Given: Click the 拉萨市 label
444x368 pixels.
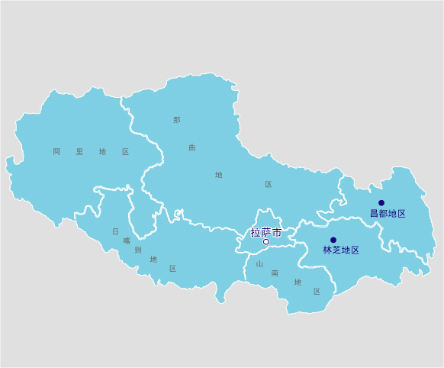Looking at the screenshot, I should (x=266, y=232).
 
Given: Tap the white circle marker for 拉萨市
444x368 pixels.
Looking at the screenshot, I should (x=265, y=242).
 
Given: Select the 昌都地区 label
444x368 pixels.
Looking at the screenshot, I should (x=388, y=214).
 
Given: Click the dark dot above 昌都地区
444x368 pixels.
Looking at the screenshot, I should (x=381, y=203).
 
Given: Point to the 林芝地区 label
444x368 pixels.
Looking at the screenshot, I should (x=340, y=250).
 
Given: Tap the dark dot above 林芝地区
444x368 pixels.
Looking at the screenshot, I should (x=333, y=240).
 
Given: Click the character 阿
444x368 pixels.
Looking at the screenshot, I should (x=56, y=152).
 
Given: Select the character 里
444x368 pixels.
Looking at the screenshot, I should (x=79, y=152).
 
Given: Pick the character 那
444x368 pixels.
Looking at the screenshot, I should (x=177, y=120).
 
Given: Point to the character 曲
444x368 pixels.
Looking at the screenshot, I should (x=192, y=147).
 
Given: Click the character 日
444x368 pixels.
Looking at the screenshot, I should (x=116, y=231).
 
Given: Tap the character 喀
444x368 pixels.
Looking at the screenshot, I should (x=127, y=240).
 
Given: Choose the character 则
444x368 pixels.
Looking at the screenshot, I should (x=138, y=250).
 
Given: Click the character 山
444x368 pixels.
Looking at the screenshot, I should (x=259, y=263).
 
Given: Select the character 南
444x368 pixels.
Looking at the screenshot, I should (x=275, y=273).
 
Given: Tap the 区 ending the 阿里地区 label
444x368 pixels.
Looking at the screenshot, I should (x=125, y=152).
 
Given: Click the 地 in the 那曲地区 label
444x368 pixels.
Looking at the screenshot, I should (x=219, y=175).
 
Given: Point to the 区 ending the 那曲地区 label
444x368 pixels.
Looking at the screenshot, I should (x=269, y=185).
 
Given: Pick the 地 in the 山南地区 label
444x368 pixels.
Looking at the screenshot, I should (x=298, y=282).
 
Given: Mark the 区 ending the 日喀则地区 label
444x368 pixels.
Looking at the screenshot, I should (x=173, y=269).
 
